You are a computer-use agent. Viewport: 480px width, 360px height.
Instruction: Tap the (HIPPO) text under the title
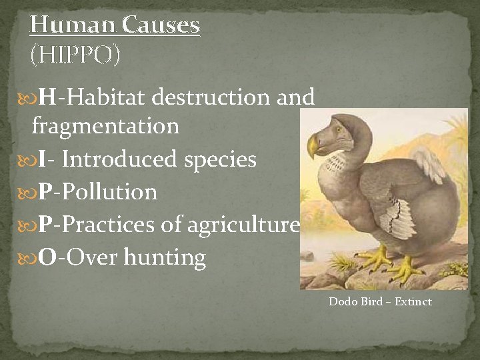(75, 55)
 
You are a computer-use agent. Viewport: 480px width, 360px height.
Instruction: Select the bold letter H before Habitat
(47, 97)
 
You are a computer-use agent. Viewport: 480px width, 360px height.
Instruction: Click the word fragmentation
(105, 125)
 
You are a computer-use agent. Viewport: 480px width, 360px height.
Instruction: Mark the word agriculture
(243, 225)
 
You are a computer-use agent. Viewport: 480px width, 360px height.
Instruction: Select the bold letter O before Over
(47, 257)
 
